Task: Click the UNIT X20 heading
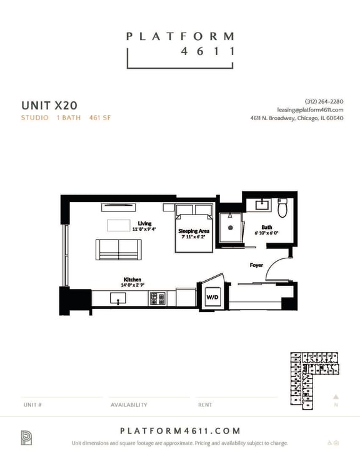pos(49,104)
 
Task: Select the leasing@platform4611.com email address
pos(310,109)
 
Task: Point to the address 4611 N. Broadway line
pos(296,118)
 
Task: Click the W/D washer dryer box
pos(212,298)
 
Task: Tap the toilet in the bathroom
pos(282,208)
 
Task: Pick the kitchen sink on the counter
pos(118,298)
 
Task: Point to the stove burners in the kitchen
pos(157,299)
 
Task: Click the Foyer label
pos(256,265)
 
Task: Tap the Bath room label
pos(267,227)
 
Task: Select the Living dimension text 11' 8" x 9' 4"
pos(144,229)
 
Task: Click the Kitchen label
pos(132,280)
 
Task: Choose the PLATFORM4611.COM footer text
pos(180,431)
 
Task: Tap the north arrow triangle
pos(336,396)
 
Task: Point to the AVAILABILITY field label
pos(129,405)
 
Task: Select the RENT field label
pos(205,405)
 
